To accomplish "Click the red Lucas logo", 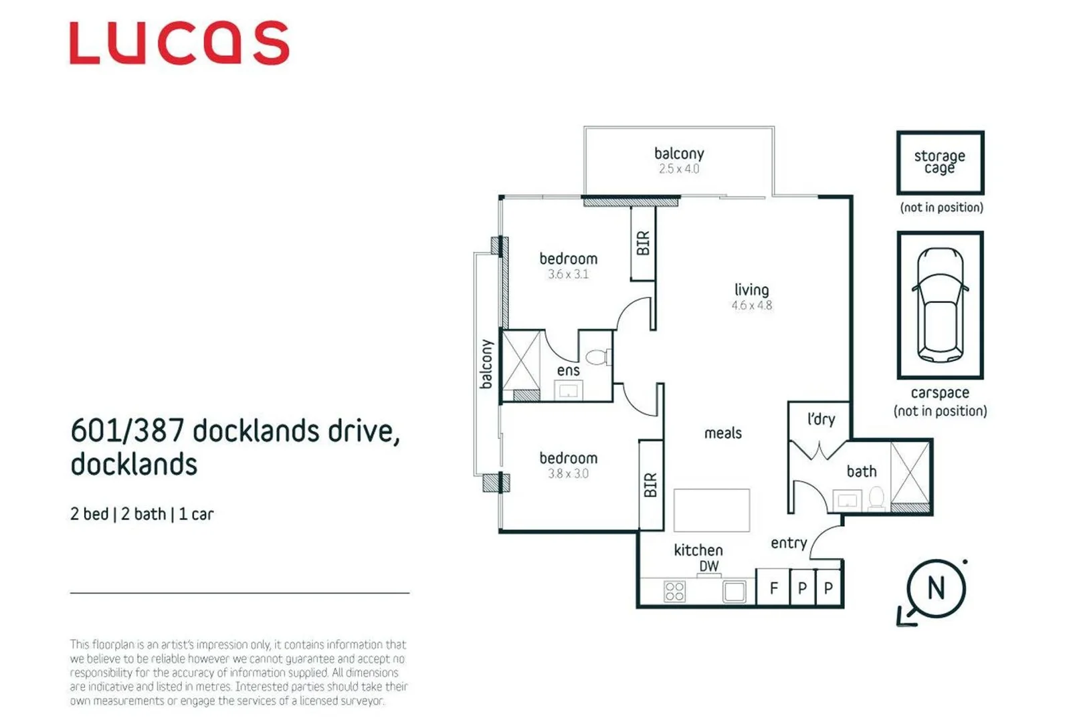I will tap(179, 43).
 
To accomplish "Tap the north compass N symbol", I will tap(936, 589).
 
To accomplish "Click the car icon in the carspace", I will tap(940, 305).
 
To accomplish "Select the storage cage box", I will tap(940, 162).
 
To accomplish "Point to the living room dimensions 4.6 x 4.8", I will tap(751, 306).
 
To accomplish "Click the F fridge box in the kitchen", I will tap(773, 588).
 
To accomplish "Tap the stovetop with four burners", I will tap(674, 591).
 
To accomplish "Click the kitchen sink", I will tap(734, 591).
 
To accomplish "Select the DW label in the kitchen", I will tap(708, 566).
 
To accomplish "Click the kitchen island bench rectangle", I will tap(711, 510).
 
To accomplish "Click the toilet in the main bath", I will tap(876, 498).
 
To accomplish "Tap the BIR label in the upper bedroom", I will tap(643, 243).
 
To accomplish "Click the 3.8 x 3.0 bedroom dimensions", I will tap(568, 474).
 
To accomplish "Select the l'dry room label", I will tap(821, 419).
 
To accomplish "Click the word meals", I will tap(722, 433).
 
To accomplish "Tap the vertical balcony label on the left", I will tap(486, 364).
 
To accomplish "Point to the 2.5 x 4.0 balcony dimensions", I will tap(678, 169).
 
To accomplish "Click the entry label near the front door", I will tap(789, 543).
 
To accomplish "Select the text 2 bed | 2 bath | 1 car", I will tap(142, 514).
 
